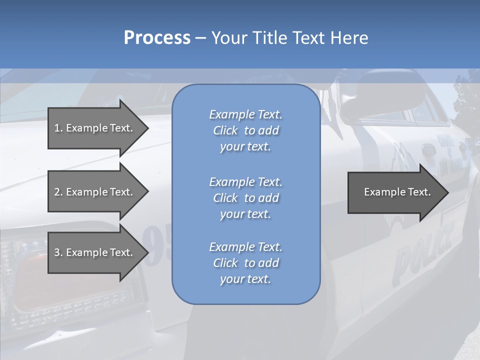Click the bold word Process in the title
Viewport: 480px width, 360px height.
[157, 38]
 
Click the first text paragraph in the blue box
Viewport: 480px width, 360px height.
[245, 130]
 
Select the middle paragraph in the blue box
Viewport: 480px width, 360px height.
[245, 198]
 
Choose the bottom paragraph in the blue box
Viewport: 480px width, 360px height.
[245, 263]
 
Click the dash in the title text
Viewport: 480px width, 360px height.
[200, 38]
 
